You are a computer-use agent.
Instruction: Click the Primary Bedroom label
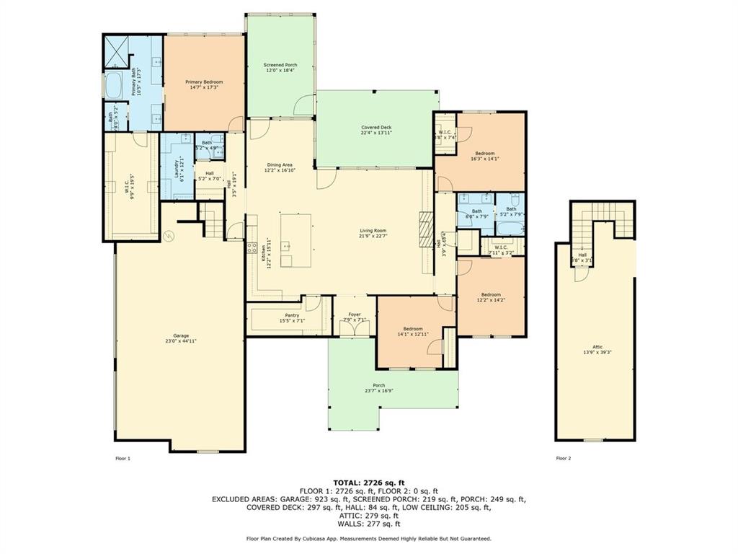click(x=205, y=82)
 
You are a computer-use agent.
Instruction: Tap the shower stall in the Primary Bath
click(x=116, y=49)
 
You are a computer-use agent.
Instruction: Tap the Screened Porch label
click(x=280, y=65)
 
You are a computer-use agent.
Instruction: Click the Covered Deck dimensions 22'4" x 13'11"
click(x=376, y=133)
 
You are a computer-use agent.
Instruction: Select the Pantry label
click(x=291, y=315)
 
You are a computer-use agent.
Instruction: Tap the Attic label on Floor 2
click(x=595, y=348)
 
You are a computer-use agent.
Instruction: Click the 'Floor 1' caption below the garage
click(x=123, y=458)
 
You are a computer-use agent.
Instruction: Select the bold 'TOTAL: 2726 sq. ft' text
click(x=368, y=482)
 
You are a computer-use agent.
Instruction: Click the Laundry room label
click(x=177, y=168)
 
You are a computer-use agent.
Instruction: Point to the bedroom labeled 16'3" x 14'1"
click(x=484, y=154)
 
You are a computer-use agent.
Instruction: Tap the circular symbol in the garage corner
click(x=169, y=235)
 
